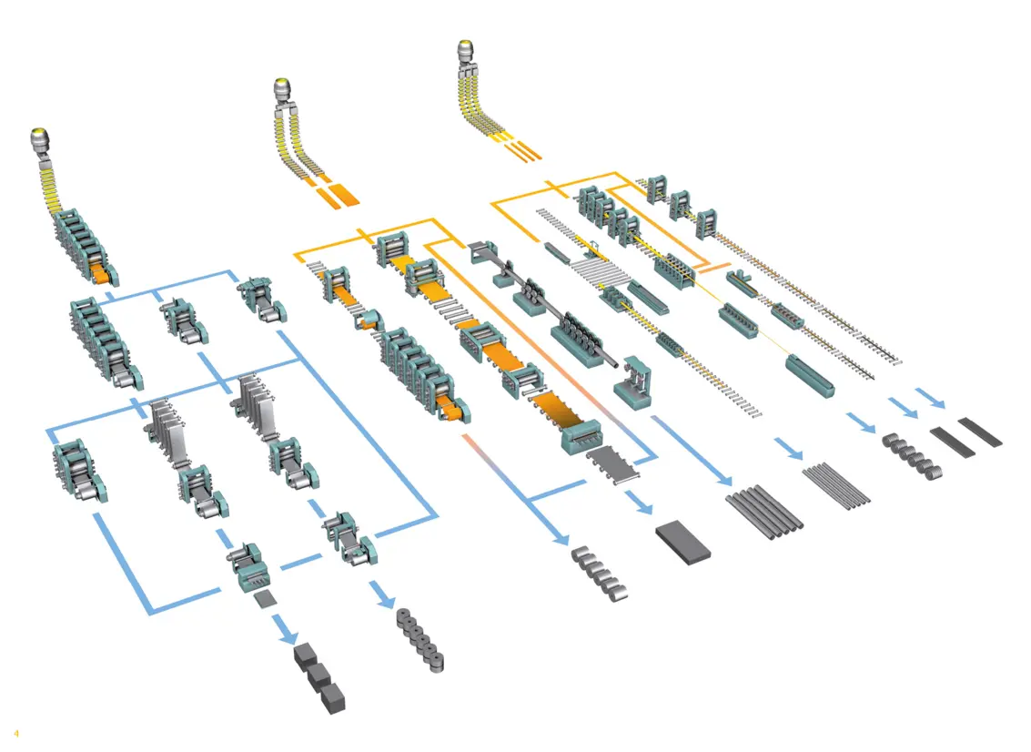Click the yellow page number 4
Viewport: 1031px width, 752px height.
15,733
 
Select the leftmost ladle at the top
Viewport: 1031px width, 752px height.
40,140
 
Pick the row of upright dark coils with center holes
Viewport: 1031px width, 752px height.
421,641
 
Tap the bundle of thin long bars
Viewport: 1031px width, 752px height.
836,484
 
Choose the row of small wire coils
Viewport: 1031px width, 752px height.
911,455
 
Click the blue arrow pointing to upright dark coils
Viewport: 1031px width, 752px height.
385,597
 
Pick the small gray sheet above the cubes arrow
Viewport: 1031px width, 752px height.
266,597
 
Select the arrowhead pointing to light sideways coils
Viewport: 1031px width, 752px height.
556,536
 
